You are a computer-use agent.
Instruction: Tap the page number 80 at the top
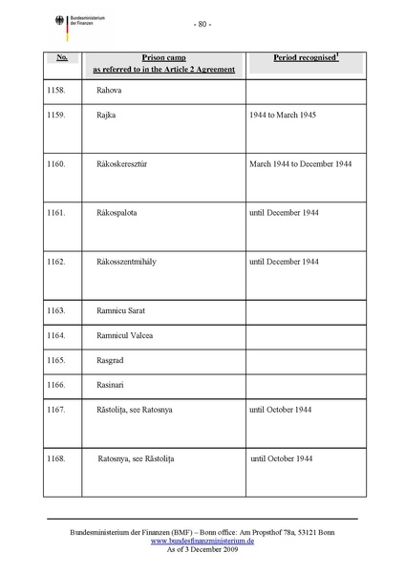[x=202, y=24]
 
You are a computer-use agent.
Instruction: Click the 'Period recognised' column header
[x=305, y=58]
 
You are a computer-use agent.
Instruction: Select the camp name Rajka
[x=107, y=115]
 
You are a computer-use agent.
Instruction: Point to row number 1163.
[x=56, y=311]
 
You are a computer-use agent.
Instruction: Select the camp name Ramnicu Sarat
[x=125, y=311]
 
